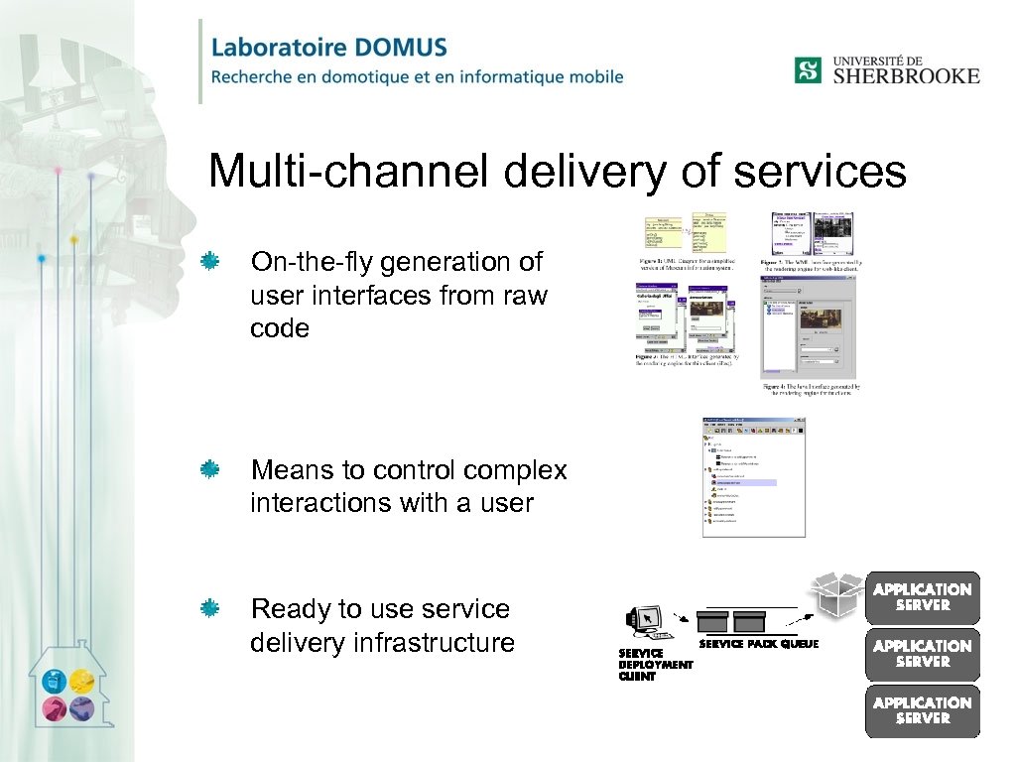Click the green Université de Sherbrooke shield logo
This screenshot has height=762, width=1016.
coord(808,69)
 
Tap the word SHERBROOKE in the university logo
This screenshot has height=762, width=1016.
coord(905,75)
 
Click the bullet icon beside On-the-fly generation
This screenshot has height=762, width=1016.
coord(209,261)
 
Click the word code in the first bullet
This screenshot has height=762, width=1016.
coord(280,328)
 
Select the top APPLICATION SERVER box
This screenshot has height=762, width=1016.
coord(923,597)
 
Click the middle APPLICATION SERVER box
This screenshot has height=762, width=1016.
coord(923,654)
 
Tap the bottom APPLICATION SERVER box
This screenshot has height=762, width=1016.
coord(923,710)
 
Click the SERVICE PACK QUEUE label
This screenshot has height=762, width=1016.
coord(759,645)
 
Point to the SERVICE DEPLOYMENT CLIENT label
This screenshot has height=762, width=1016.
coord(655,665)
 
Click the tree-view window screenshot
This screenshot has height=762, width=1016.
coord(753,477)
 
